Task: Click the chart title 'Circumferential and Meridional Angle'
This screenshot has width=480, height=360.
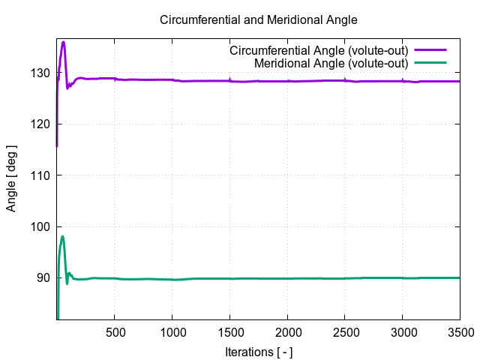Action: coord(259,19)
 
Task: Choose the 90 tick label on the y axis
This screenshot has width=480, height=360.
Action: coord(43,277)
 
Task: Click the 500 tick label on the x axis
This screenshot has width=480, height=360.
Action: coord(115,331)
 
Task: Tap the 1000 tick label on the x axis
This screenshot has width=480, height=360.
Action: coord(172,331)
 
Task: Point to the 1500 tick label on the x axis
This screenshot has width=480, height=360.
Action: coord(229,331)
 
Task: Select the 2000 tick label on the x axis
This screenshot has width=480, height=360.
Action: coord(287,331)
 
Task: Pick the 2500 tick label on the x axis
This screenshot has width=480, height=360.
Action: coord(345,331)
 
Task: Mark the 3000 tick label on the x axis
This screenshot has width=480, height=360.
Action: coord(403,331)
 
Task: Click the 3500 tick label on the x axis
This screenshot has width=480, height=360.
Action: coord(460,331)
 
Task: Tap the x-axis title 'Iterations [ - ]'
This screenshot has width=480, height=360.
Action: coord(259,351)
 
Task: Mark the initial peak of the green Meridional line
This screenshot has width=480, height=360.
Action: coord(62,237)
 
